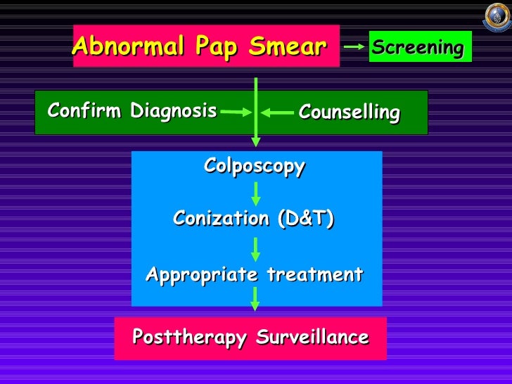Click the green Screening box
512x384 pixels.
click(419, 48)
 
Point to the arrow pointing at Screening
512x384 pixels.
click(354, 48)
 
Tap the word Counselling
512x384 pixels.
click(349, 113)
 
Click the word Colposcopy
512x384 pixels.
click(255, 166)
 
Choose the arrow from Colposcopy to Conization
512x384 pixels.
click(256, 193)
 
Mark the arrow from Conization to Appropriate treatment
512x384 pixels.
click(256, 248)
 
